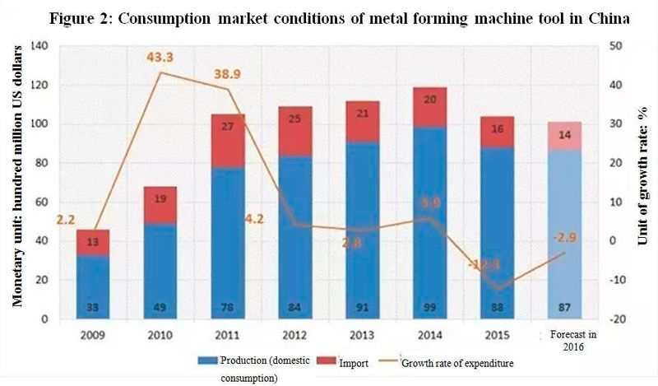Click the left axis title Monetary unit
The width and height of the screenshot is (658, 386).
point(15,198)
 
